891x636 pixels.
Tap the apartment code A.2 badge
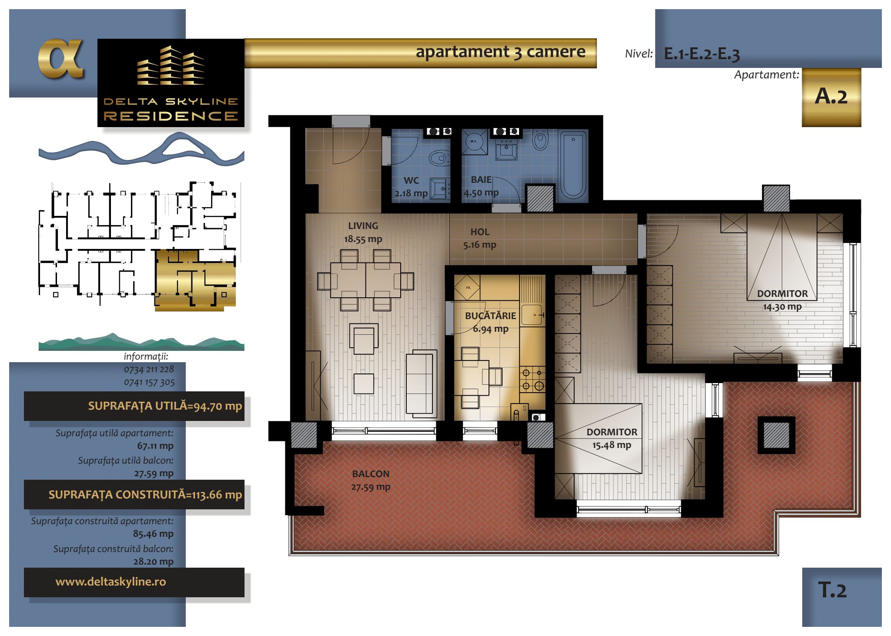point(831,97)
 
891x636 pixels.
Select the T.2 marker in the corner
point(832,590)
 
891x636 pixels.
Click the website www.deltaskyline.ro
point(111,582)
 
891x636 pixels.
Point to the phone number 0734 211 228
point(149,369)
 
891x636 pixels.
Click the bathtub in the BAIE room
point(573,165)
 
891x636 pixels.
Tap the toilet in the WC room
point(439,157)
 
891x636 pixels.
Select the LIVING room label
point(363,226)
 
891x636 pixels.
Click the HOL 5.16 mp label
point(479,238)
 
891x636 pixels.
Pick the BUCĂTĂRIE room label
point(490,316)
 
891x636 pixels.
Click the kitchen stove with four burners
point(533,379)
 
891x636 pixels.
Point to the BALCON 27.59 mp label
point(371,480)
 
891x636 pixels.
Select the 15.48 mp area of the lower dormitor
point(611,445)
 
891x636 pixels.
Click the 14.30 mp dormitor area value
point(782,306)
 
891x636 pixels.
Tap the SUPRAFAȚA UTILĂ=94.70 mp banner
point(134,406)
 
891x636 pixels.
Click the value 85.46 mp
point(153,534)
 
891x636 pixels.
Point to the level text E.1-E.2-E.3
point(702,54)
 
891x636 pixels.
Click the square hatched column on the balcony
point(777,435)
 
